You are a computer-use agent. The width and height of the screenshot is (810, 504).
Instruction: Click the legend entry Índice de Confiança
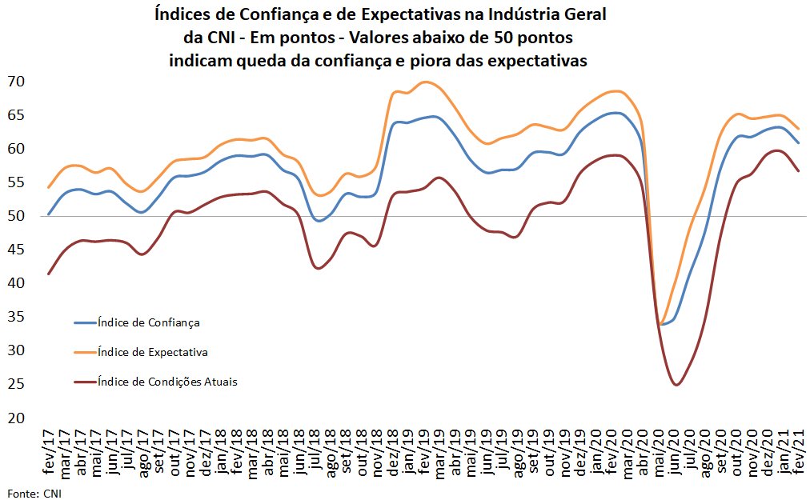coord(148,322)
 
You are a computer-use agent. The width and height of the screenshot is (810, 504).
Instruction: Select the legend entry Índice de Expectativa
coord(152,352)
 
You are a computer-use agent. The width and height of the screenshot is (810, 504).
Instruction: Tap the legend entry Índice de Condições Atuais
coord(166,382)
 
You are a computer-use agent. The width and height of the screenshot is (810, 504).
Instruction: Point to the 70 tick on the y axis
coord(17,82)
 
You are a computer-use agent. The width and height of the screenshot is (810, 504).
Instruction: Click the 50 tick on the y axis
coord(17,216)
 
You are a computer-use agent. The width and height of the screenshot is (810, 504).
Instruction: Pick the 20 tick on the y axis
coord(17,418)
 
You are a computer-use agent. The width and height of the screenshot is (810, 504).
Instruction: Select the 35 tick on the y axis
coord(17,317)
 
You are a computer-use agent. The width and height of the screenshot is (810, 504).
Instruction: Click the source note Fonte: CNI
coord(34,493)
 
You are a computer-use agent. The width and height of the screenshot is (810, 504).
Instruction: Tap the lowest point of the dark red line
coord(677,385)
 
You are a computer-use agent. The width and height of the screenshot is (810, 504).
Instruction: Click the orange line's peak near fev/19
coord(426,82)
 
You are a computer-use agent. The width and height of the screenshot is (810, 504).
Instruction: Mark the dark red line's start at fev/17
coord(49,274)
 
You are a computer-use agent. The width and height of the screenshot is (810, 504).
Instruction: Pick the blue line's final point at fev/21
coord(799,143)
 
